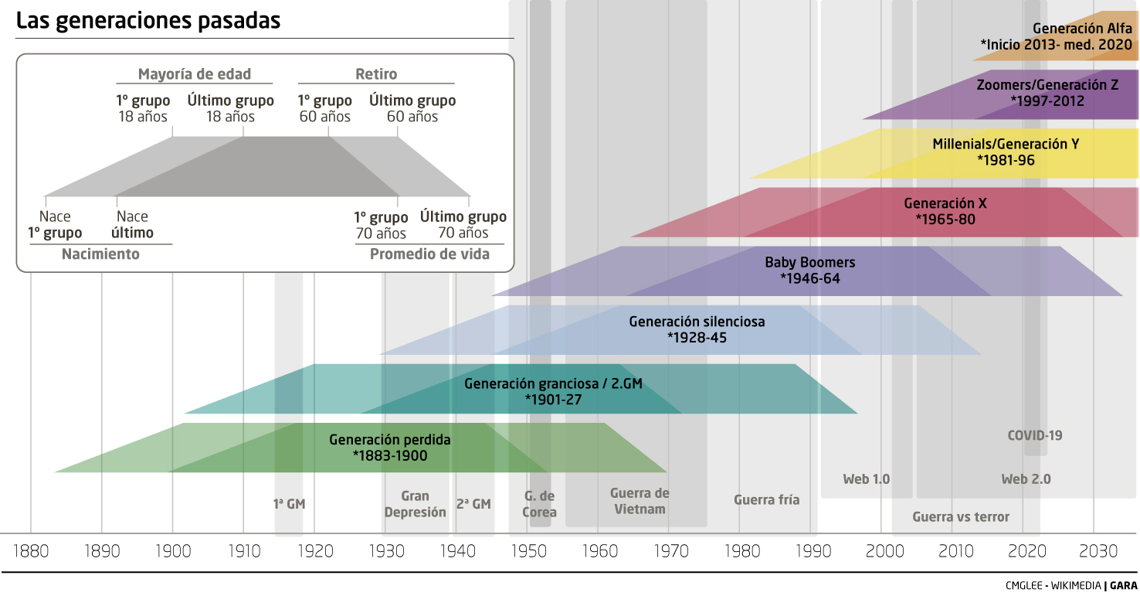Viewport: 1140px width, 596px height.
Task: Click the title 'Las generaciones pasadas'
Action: click(x=148, y=21)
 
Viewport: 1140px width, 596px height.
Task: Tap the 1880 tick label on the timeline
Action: click(x=31, y=551)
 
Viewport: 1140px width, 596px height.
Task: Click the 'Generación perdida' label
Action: click(x=389, y=440)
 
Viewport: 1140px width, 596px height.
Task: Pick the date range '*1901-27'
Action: click(x=553, y=400)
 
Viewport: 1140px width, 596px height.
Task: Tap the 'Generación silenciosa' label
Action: click(x=697, y=321)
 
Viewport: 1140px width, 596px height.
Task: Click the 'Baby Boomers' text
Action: click(x=809, y=263)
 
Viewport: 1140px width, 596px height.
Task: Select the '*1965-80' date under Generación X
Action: click(x=945, y=220)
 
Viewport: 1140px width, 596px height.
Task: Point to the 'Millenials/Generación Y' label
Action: click(x=1005, y=144)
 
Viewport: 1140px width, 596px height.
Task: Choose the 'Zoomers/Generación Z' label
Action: click(x=1047, y=85)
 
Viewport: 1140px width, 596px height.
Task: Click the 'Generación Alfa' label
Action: click(x=1082, y=29)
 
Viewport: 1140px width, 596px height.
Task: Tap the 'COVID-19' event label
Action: click(x=1034, y=435)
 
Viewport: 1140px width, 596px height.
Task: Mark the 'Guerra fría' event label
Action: click(x=766, y=500)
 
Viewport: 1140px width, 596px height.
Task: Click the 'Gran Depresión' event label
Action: click(x=415, y=504)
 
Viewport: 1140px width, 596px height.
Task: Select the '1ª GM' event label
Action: click(x=289, y=504)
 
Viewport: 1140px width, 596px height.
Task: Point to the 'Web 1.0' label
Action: click(x=866, y=479)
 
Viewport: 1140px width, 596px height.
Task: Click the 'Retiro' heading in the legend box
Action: click(x=376, y=74)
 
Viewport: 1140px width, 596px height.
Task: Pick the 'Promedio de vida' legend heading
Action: click(x=429, y=254)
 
